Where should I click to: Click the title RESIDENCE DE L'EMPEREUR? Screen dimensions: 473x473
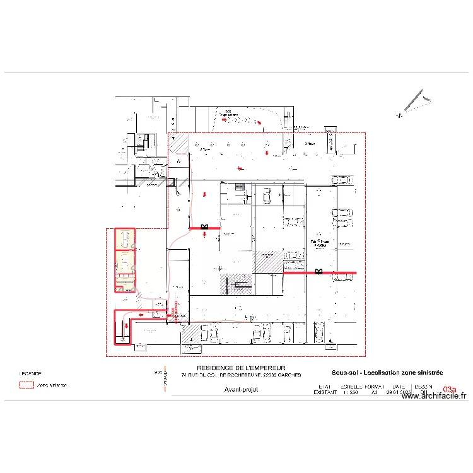[x=241, y=368]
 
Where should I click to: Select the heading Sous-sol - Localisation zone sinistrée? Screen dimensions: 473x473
[x=387, y=373]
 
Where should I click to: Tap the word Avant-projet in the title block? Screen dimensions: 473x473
[x=241, y=389]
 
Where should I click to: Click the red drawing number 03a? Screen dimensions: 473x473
[x=449, y=390]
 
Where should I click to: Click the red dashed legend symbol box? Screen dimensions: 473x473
[x=26, y=385]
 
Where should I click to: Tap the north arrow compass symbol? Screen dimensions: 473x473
[x=415, y=103]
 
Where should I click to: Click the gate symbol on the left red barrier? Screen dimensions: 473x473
[x=204, y=227]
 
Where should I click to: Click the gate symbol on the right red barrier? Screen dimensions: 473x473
[x=318, y=272]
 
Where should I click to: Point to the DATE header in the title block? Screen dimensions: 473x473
[x=398, y=386]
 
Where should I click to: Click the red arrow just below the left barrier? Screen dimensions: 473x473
[x=205, y=235]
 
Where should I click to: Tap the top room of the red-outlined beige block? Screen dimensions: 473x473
[x=124, y=240]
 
